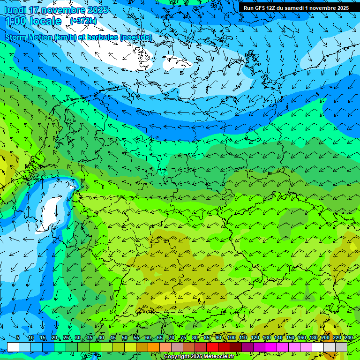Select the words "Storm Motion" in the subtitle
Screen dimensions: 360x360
click(x=29, y=37)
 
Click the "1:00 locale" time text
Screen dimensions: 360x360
click(x=34, y=21)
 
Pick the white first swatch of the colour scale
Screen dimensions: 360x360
click(x=13, y=347)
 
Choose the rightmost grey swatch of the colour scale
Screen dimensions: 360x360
click(x=341, y=347)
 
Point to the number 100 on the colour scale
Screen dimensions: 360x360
click(x=231, y=338)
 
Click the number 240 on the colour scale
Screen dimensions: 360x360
click(x=348, y=338)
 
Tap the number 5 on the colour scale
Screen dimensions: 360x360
click(x=17, y=338)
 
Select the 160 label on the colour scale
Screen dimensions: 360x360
click(x=301, y=338)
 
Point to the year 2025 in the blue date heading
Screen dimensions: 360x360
click(x=97, y=10)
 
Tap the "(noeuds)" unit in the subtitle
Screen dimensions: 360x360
click(x=136, y=37)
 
